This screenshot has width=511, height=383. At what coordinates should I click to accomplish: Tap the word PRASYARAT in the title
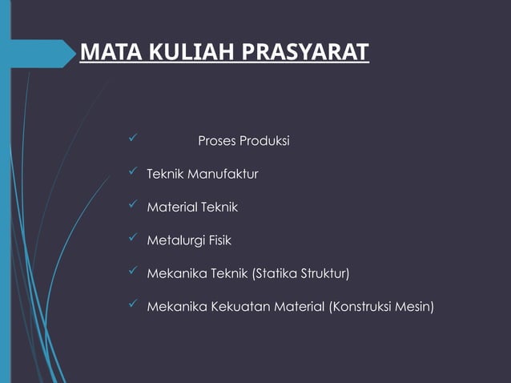point(305,53)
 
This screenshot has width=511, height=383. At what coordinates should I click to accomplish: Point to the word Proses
point(218,141)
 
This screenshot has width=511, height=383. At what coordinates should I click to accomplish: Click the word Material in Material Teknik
point(170,207)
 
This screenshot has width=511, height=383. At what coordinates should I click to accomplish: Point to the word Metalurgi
point(174,240)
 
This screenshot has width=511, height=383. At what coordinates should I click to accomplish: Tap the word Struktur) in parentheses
point(325,274)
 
